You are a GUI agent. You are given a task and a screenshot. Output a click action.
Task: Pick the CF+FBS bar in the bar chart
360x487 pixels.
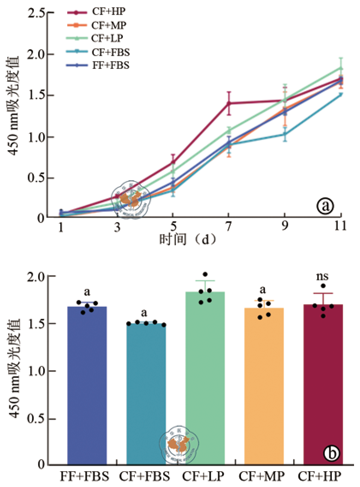point(146,394)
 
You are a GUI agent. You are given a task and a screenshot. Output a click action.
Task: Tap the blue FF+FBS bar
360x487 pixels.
point(87,385)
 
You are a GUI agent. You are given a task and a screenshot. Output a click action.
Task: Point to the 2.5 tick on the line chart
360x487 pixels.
point(37,13)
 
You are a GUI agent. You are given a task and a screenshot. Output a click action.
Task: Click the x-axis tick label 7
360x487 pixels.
point(229,226)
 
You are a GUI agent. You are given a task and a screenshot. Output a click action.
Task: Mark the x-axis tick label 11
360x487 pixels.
point(340,226)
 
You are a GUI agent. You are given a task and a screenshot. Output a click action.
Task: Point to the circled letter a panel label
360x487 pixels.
point(324,206)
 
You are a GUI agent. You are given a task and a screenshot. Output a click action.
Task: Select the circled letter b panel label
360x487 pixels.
point(331,453)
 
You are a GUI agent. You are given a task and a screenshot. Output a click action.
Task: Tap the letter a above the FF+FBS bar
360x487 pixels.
point(86,292)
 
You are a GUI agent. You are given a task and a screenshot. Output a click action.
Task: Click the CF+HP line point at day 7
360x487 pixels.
point(229,103)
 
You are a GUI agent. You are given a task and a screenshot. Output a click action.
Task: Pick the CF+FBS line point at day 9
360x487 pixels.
point(284,134)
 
